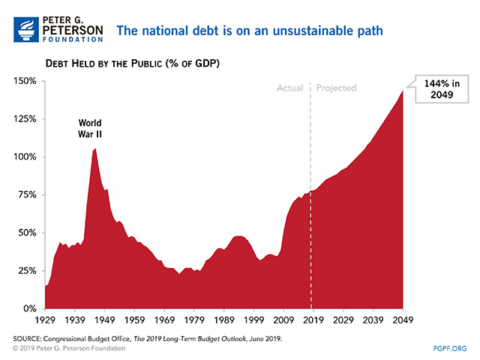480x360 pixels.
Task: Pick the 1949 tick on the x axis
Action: pos(104,319)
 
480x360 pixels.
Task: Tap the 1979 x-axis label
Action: pos(194,319)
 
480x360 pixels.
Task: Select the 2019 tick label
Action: pos(313,319)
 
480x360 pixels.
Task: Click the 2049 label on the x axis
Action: pos(403,319)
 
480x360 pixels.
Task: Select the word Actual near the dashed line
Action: pos(289,88)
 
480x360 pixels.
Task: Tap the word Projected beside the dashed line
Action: pos(336,88)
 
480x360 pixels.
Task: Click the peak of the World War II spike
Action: pos(94,148)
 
